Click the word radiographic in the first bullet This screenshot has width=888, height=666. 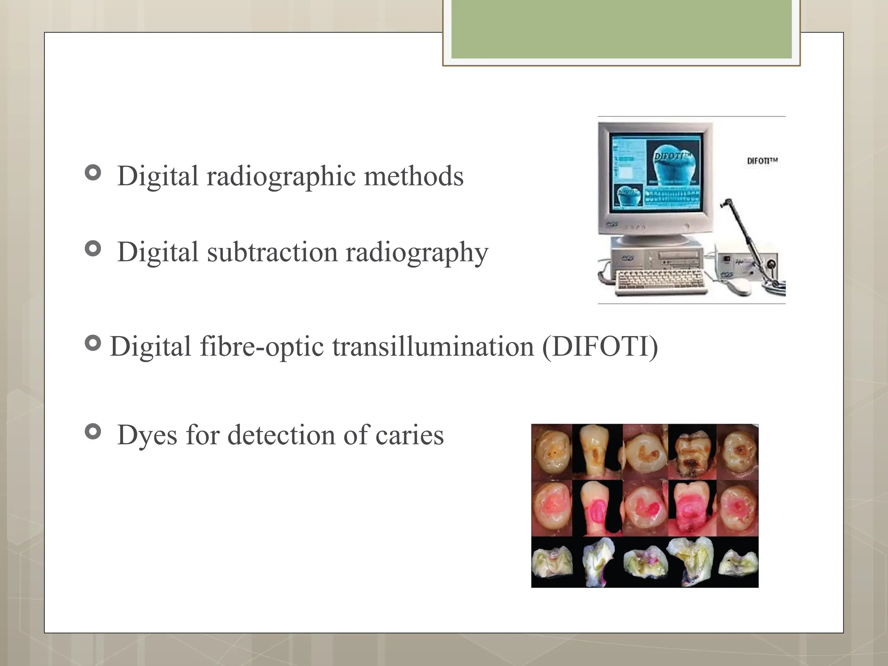281,176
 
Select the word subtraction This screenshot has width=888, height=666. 272,252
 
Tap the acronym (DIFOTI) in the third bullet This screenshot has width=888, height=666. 600,346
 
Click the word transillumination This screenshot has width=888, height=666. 433,346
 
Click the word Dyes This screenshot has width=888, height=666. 147,435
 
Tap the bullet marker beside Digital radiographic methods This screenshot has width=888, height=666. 93,173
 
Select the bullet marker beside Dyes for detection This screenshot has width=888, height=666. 93,431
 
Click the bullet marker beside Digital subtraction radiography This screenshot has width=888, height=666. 93,248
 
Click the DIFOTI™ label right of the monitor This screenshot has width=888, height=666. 762,161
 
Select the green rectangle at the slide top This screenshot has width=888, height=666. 621,29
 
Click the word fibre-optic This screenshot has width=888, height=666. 261,346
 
